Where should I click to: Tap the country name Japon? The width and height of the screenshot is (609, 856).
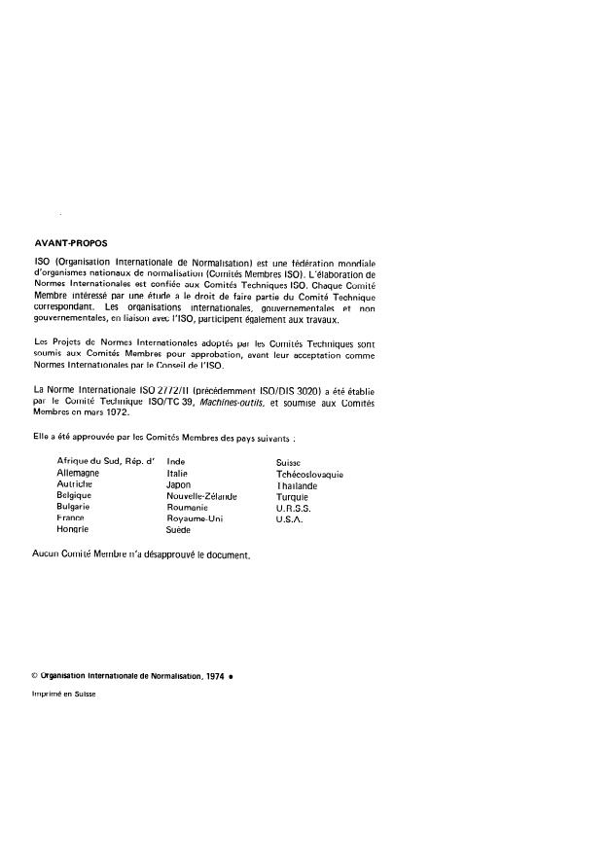[179, 483]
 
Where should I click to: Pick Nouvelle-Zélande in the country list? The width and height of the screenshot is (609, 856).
[202, 495]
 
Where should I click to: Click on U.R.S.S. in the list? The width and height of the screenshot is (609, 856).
[295, 507]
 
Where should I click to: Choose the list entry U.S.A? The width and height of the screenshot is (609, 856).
[290, 518]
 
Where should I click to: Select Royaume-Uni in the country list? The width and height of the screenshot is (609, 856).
[195, 518]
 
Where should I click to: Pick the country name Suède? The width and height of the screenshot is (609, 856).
[180, 530]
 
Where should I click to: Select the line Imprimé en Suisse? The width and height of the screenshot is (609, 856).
[64, 695]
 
